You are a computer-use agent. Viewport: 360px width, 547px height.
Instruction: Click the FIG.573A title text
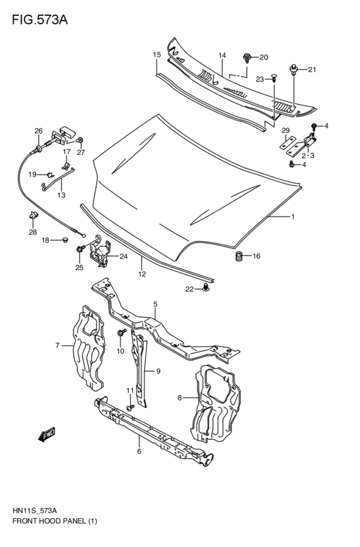(39, 19)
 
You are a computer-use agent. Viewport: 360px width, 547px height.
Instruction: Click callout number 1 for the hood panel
(292, 217)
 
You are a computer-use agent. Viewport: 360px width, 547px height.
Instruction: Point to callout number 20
(264, 57)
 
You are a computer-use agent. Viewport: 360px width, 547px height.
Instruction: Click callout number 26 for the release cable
(39, 131)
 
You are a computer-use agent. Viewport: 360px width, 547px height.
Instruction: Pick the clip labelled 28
(32, 215)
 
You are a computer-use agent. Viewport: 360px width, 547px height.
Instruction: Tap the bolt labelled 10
(121, 334)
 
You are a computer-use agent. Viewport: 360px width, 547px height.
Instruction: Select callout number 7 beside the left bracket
(57, 346)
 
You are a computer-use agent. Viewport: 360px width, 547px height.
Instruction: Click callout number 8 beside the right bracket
(180, 398)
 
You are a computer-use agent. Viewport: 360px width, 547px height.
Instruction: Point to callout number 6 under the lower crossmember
(139, 452)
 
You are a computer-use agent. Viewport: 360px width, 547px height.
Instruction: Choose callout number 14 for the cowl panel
(221, 56)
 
